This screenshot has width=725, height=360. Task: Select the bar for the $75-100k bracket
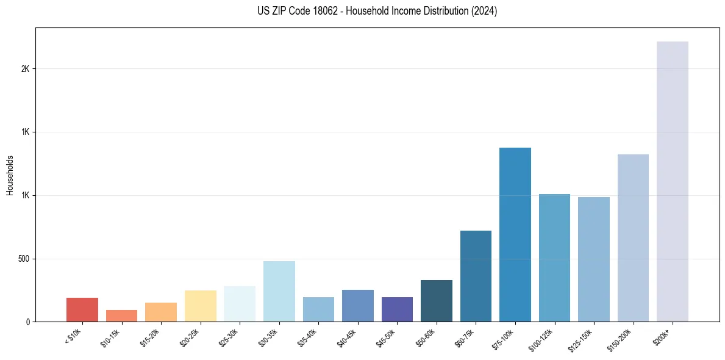tap(515, 235)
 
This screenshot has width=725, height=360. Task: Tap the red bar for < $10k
tap(82, 310)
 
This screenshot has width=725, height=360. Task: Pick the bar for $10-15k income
tap(121, 316)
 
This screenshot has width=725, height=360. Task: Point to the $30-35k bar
tap(279, 292)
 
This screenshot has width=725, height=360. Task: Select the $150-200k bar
tap(633, 238)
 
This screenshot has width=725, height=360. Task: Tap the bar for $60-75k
tap(476, 276)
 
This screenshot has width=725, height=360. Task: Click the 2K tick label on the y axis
tap(25, 69)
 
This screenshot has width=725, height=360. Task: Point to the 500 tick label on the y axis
tap(23, 259)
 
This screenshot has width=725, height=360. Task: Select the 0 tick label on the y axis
tap(27, 322)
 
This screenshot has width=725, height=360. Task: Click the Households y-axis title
tap(10, 175)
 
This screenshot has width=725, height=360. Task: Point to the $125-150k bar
tap(593, 259)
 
